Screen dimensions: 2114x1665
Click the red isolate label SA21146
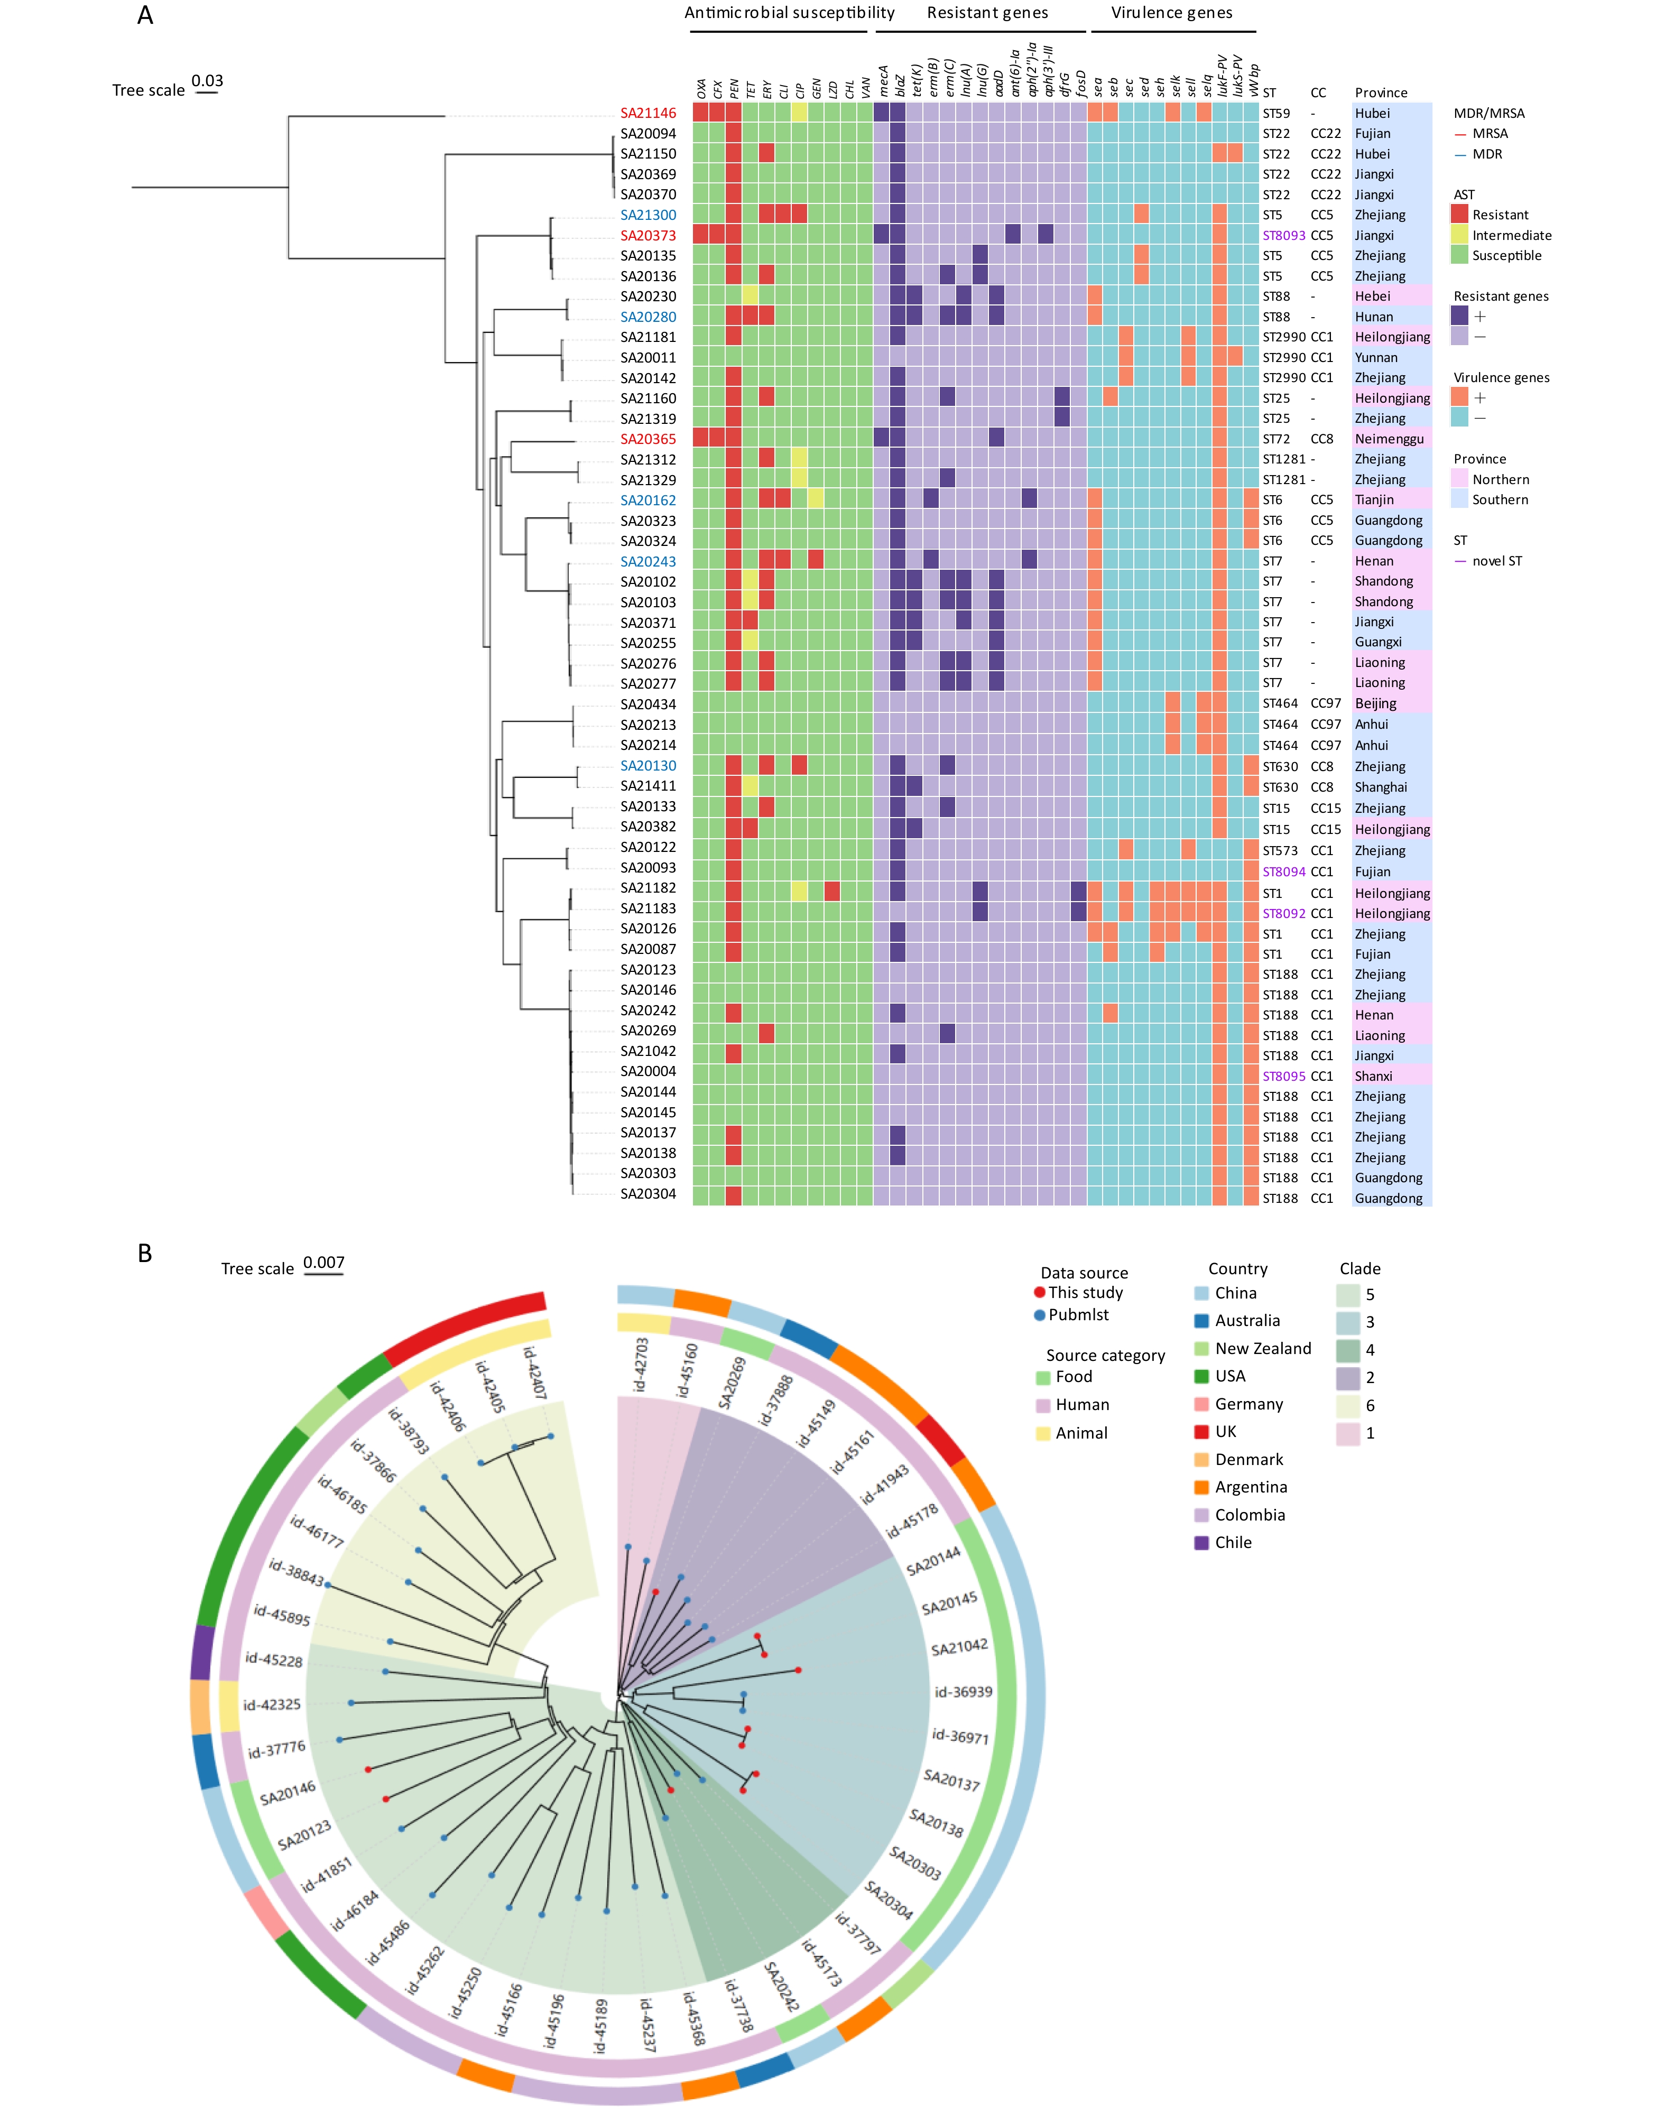pyautogui.click(x=647, y=113)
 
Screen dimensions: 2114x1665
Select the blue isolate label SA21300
pyautogui.click(x=647, y=215)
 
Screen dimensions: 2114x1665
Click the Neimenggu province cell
pyautogui.click(x=1388, y=439)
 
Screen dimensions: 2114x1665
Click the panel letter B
pyautogui.click(x=144, y=1254)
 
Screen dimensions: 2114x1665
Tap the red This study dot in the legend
pyautogui.click(x=1040, y=1292)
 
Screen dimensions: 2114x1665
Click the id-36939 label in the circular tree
pyautogui.click(x=963, y=1692)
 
